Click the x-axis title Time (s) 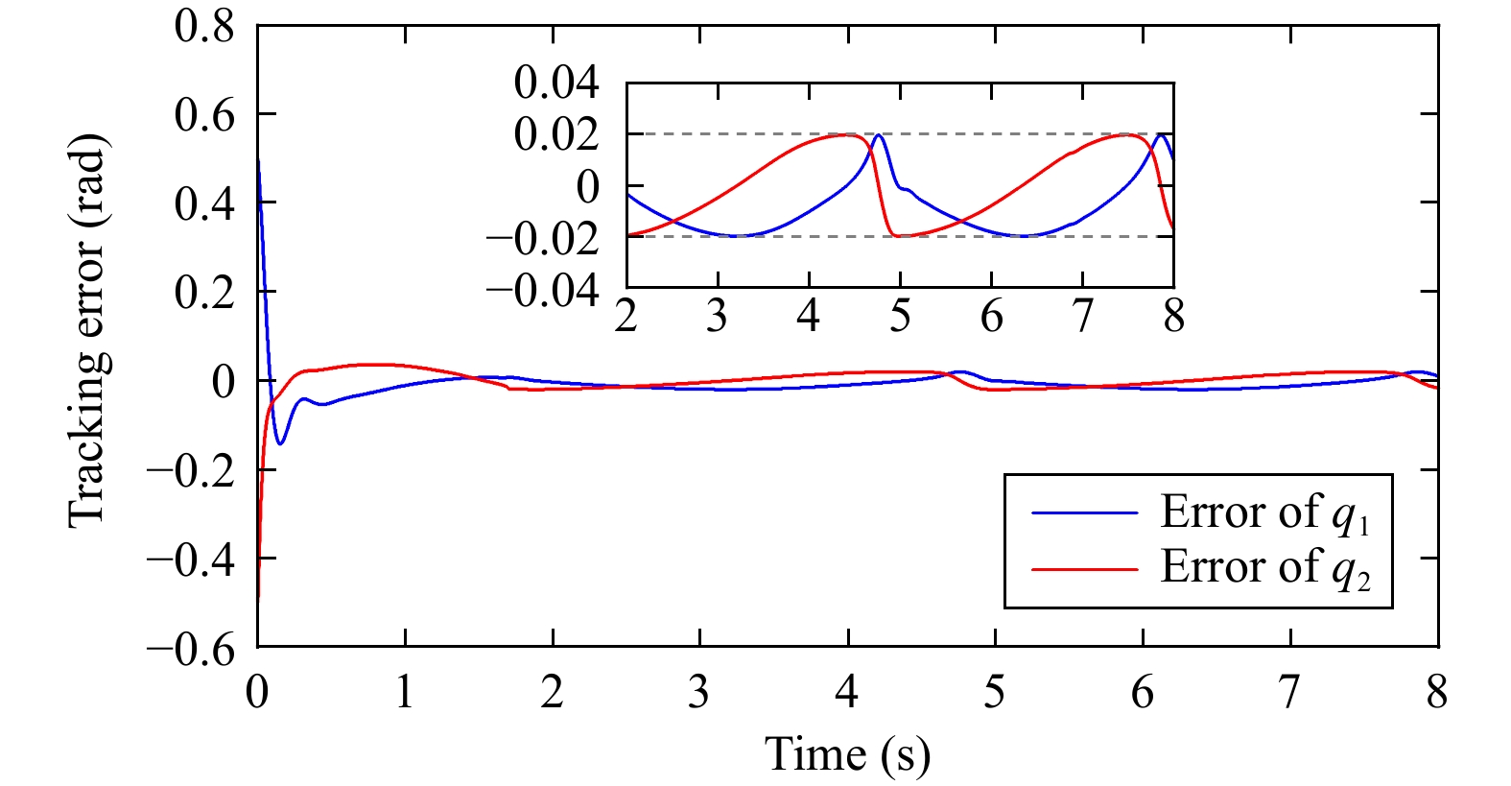847,754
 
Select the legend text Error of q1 1264,513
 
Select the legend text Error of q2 1264,568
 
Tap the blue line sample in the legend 1084,513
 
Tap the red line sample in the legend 1084,569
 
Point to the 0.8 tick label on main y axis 204,26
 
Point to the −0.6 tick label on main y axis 191,649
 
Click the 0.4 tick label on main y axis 204,203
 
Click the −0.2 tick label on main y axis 191,471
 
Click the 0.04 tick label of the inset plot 556,83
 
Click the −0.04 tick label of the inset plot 543,290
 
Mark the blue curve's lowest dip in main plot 280,443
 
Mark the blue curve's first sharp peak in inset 878,135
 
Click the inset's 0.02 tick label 556,134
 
